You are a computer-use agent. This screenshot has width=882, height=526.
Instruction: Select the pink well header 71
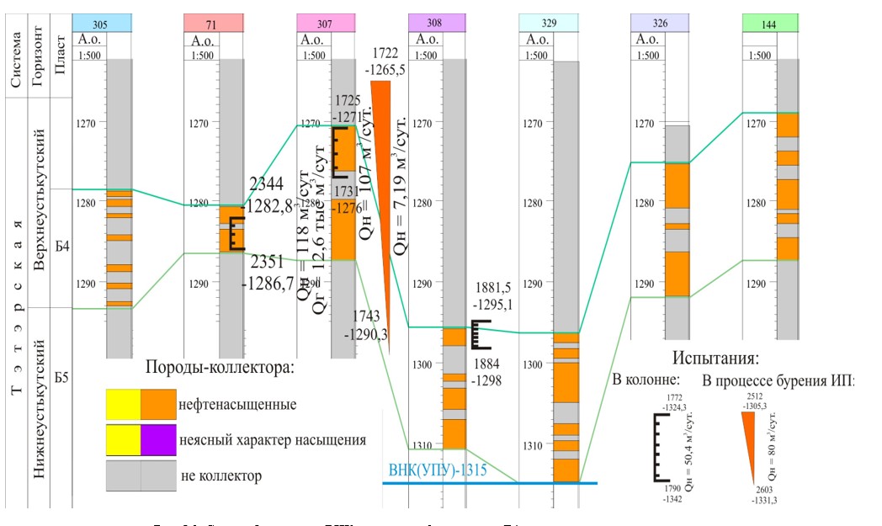tap(213, 24)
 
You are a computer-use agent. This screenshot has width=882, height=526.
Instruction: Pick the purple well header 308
tap(436, 24)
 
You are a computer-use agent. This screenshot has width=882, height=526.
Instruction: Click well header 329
tap(550, 24)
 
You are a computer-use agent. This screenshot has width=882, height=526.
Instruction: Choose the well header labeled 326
tap(659, 24)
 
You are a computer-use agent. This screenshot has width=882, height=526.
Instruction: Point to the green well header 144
tap(769, 24)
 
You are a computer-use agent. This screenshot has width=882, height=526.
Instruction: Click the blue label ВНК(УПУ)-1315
tap(438, 470)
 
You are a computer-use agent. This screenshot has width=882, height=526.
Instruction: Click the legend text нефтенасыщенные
tap(237, 405)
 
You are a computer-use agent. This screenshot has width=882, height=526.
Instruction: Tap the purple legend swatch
tap(159, 440)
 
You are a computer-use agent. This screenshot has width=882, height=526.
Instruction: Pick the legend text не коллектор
tap(220, 476)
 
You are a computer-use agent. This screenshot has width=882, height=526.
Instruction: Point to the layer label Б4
tap(61, 247)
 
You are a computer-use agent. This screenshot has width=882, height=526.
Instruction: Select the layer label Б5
tap(61, 376)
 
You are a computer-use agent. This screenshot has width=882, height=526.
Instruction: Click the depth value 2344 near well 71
tap(267, 184)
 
